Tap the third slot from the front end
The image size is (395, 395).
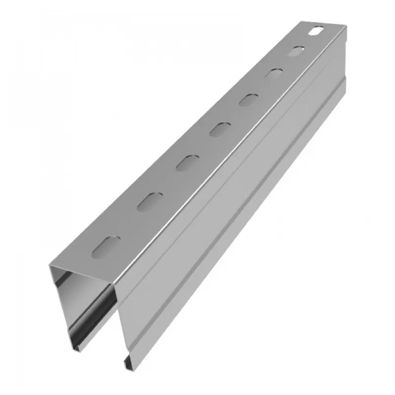point(187,161)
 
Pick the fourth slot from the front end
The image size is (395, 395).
point(219,129)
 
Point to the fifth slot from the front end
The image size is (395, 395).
point(248,99)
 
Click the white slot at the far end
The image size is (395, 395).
point(315,33)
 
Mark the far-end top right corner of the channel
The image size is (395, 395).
point(346,28)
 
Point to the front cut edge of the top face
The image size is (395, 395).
point(84,277)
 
